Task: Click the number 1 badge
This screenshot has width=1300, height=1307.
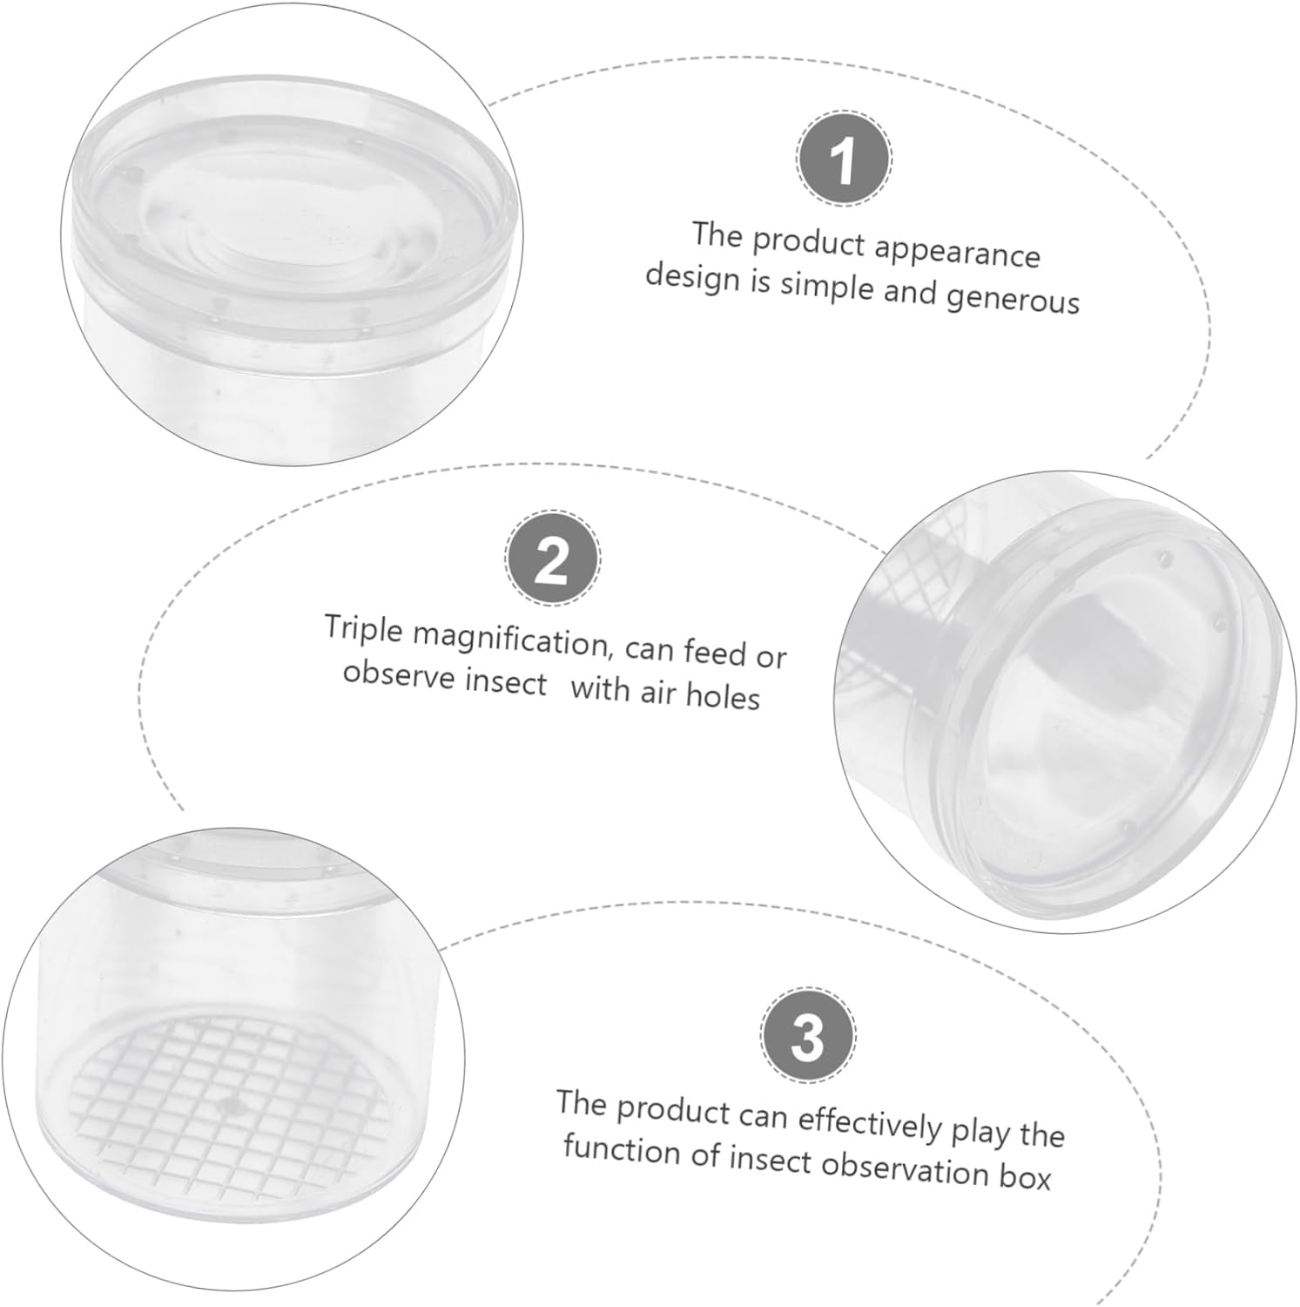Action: [x=843, y=159]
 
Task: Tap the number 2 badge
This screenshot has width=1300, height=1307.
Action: [x=552, y=559]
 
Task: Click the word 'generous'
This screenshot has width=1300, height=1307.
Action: [x=1013, y=300]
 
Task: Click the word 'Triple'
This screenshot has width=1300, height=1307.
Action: [x=364, y=629]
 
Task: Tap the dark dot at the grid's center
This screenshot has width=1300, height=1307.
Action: [x=232, y=1107]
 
